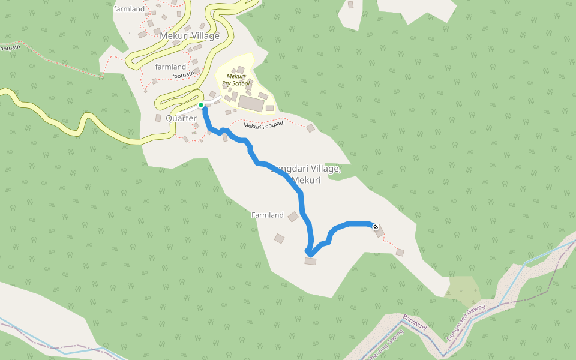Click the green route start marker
pos(201,105)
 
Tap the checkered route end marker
pos(376,227)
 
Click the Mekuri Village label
pos(190,36)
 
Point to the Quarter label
pos(181,118)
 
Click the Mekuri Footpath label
pos(264,125)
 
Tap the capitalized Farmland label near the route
pos(267,215)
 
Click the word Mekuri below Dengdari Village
pos(306,180)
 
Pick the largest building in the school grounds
pos(250,103)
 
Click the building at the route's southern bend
pos(310,261)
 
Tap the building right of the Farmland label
pos(293,217)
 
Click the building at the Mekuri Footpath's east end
pos(310,128)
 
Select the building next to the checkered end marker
pos(380,232)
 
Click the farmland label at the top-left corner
pos(130,9)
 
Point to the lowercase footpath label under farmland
pos(183,75)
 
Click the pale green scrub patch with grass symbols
pos(462,287)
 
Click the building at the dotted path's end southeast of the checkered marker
pos(400,253)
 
